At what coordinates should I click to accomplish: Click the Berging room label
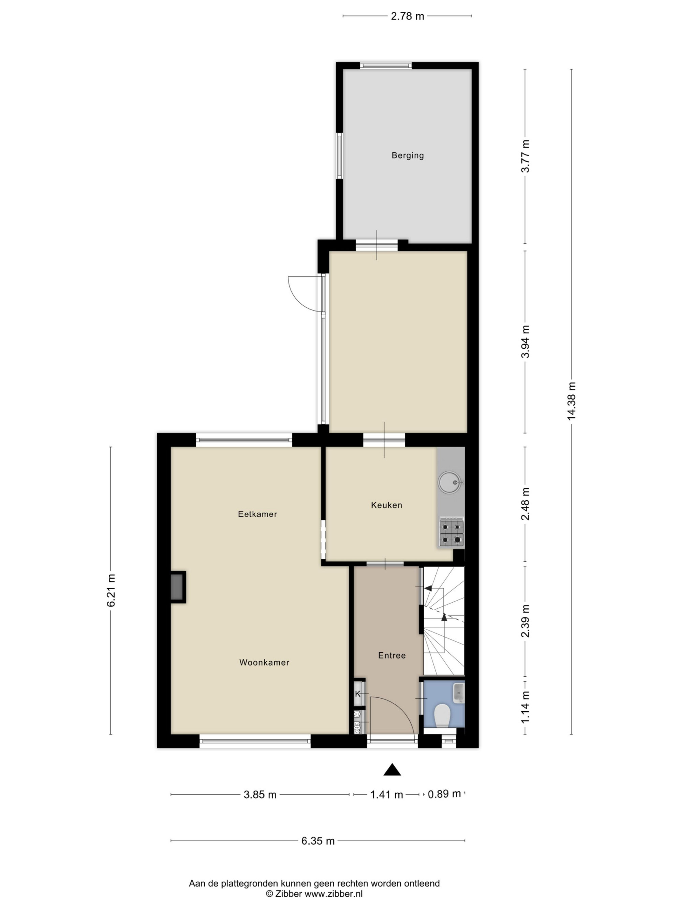[407, 155]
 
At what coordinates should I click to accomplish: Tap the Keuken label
[386, 505]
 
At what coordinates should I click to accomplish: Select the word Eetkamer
[257, 514]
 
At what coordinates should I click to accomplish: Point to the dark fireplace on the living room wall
[178, 587]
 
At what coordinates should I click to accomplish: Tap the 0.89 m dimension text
[444, 793]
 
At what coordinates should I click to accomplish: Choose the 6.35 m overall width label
[318, 841]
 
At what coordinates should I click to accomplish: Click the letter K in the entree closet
[358, 694]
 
